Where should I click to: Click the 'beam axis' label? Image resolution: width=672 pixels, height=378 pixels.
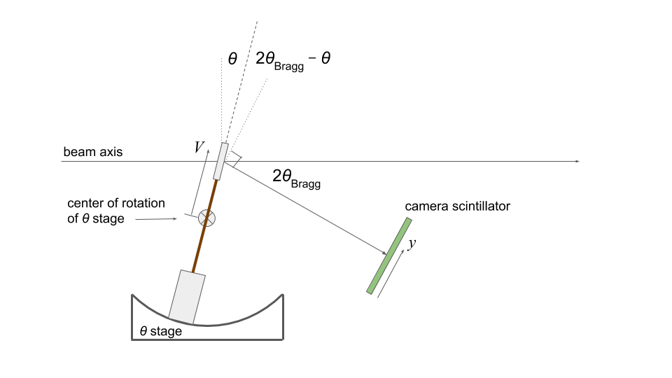pos(92,152)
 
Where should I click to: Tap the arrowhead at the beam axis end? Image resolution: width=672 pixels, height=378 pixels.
pos(577,161)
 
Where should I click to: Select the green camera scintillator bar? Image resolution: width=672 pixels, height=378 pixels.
pos(389,256)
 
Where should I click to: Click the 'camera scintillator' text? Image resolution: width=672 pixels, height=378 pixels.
pos(457,206)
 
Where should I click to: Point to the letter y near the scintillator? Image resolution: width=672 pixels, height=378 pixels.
pos(412,244)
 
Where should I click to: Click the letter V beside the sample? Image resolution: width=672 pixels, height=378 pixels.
pos(199,147)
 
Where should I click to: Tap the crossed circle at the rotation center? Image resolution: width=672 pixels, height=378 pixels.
pos(206,218)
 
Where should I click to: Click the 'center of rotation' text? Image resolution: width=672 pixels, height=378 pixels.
pos(116,203)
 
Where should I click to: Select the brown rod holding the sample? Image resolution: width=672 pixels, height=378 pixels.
pos(205,225)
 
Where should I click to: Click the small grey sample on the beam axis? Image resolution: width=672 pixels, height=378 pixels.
pos(220,161)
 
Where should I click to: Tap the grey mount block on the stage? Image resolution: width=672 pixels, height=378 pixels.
pos(187,297)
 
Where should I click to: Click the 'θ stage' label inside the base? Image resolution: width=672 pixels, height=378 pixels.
pos(161,331)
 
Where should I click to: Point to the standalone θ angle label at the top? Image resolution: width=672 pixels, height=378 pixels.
pos(232,58)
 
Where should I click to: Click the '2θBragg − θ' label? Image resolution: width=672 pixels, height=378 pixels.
pos(293,60)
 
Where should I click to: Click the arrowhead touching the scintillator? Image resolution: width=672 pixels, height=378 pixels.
pos(384,253)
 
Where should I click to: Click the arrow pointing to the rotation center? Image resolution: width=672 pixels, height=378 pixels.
pos(156,219)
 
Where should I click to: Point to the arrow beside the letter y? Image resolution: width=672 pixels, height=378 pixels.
pos(391,274)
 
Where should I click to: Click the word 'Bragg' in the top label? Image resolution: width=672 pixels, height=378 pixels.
pos(289,66)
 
